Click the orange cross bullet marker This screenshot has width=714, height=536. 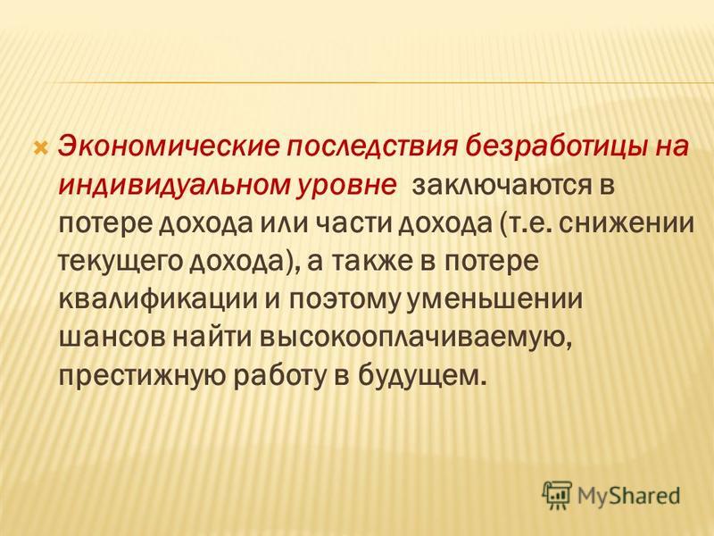pyautogui.click(x=41, y=147)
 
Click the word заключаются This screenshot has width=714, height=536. pyautogui.click(x=500, y=187)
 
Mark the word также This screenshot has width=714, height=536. pyautogui.click(x=372, y=262)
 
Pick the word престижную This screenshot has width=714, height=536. pyautogui.click(x=142, y=378)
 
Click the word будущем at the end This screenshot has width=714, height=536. pyautogui.click(x=419, y=376)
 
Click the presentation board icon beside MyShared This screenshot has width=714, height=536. pyautogui.click(x=556, y=495)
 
